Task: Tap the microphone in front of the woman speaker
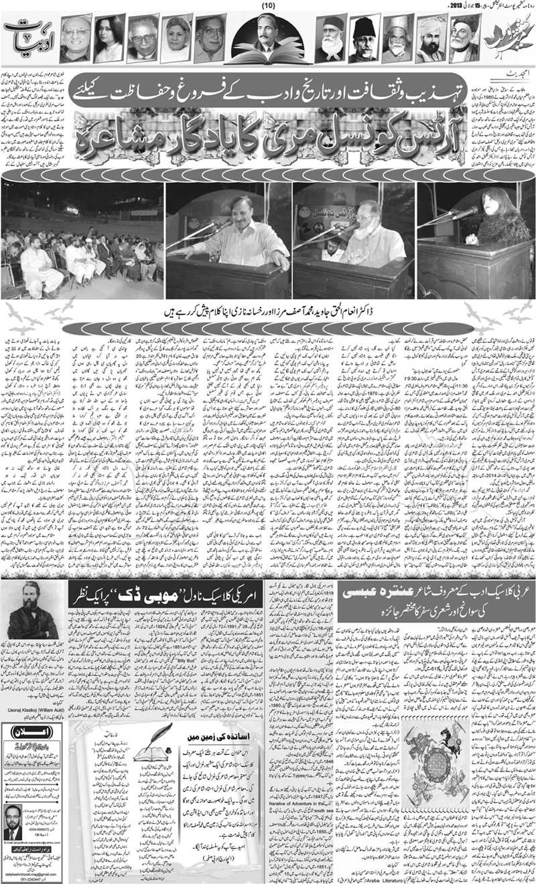tap(463, 214)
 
